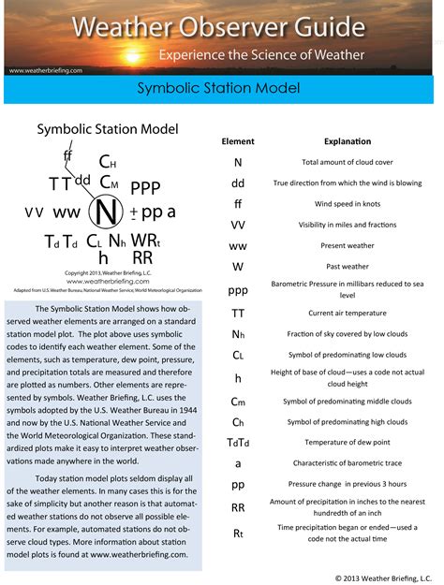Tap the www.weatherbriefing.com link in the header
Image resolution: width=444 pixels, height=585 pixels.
click(47, 70)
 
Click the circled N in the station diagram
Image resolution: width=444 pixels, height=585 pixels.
click(106, 213)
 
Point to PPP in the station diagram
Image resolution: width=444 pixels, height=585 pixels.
click(146, 188)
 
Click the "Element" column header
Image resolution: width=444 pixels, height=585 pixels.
click(238, 141)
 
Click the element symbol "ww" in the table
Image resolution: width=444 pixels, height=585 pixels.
click(238, 246)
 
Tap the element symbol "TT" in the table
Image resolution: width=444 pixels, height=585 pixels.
click(238, 313)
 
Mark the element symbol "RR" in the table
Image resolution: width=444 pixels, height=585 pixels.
click(238, 507)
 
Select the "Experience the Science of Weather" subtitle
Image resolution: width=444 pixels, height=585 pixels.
click(261, 54)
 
